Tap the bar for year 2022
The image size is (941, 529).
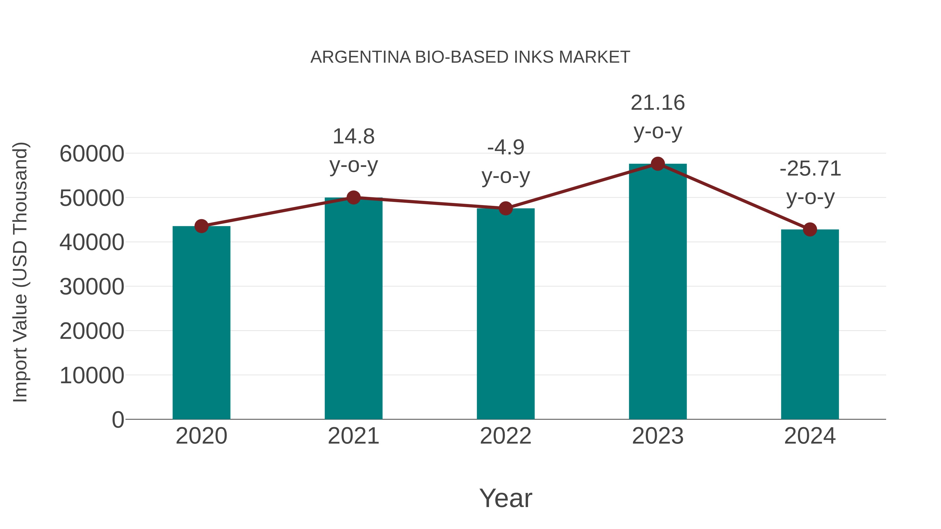(506, 314)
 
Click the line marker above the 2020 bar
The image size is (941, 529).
(201, 226)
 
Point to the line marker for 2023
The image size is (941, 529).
(658, 164)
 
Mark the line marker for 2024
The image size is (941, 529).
(810, 230)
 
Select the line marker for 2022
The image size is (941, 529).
(506, 208)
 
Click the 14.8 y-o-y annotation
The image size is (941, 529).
(354, 137)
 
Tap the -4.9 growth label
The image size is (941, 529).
(506, 148)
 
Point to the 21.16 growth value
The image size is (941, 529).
(658, 103)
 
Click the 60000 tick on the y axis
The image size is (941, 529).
(92, 154)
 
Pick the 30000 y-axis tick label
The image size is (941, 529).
(92, 287)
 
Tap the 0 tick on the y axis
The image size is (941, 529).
(118, 420)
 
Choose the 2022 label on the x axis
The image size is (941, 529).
(506, 436)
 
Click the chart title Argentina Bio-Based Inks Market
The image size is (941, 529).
(470, 57)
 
